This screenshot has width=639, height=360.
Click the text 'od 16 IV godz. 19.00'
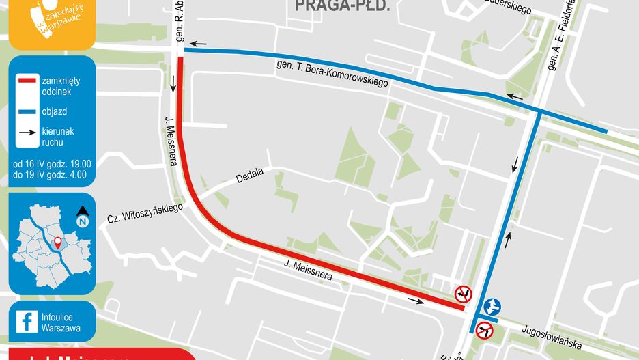pyautogui.click(x=51, y=164)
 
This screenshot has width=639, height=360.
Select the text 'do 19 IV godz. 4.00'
pyautogui.click(x=49, y=176)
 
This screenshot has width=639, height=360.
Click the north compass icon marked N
pyautogui.click(x=82, y=218)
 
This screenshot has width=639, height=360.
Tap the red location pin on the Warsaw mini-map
pyautogui.click(x=58, y=242)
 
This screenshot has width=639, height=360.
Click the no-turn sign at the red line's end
pyautogui.click(x=464, y=294)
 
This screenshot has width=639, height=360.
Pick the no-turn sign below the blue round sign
pyautogui.click(x=485, y=331)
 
